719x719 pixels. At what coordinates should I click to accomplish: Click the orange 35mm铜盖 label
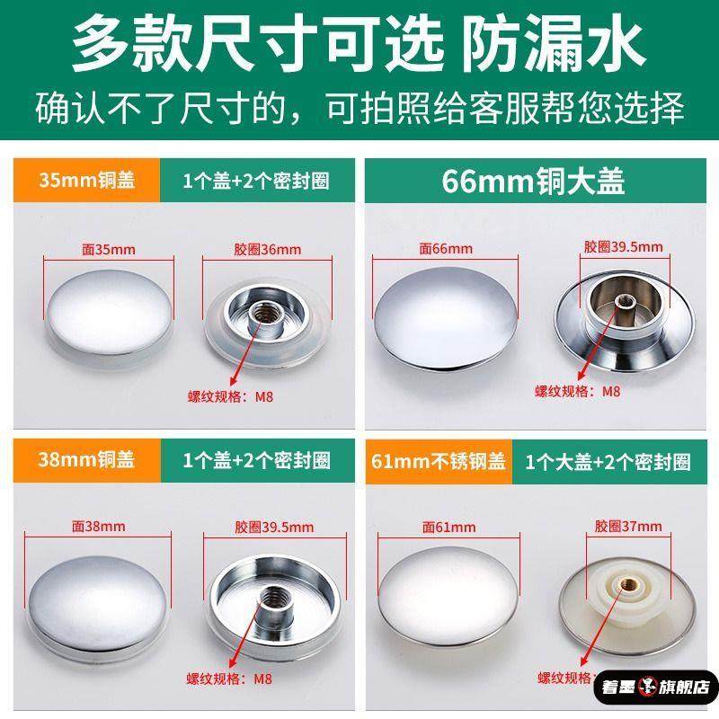pyautogui.click(x=86, y=180)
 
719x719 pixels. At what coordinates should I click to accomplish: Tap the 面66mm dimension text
pyautogui.click(x=445, y=247)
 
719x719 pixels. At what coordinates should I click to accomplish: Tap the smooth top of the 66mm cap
pyautogui.click(x=445, y=311)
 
